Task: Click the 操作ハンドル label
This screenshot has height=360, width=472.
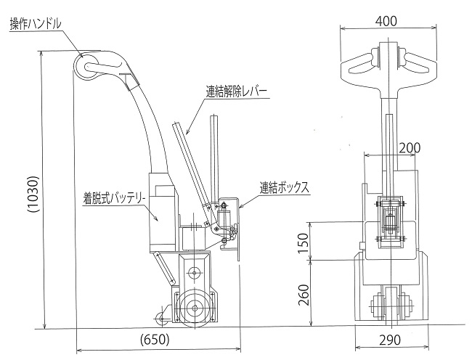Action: (x=34, y=24)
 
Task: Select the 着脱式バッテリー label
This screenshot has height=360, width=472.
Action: (x=115, y=196)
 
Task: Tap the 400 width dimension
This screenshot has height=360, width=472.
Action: (x=386, y=20)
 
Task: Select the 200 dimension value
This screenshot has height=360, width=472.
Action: (x=410, y=148)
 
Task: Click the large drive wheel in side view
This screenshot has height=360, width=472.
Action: (x=192, y=309)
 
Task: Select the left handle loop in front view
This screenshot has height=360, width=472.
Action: (x=358, y=65)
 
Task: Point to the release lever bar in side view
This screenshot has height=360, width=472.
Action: (x=186, y=167)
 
